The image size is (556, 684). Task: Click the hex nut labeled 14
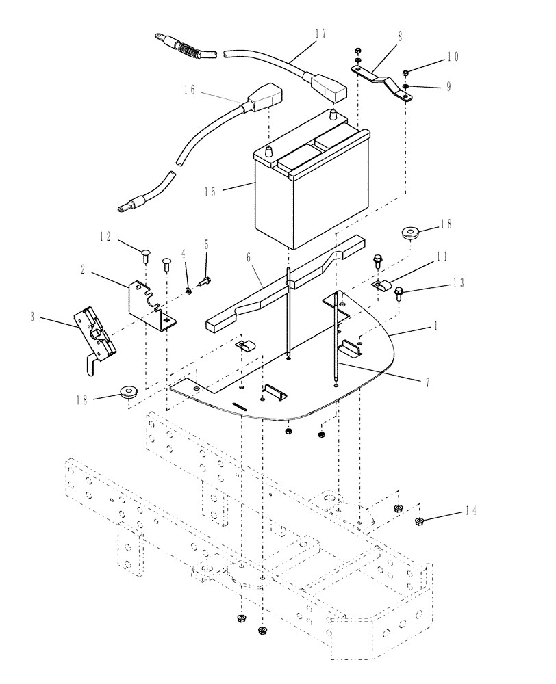(x=420, y=523)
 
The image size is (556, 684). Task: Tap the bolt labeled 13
(x=401, y=294)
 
